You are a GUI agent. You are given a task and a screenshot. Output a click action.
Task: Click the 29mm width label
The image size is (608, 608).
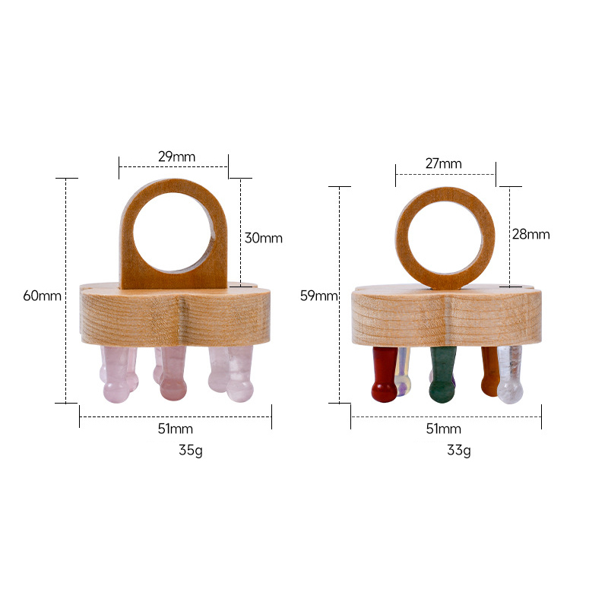(176, 157)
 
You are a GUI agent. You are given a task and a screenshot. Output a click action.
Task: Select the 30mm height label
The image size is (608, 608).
(263, 238)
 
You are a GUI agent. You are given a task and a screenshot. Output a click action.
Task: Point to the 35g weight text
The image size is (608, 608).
(190, 450)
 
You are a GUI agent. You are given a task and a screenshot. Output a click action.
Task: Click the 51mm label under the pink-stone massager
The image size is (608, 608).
(175, 429)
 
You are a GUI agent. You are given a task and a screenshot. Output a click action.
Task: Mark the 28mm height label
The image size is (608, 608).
(530, 234)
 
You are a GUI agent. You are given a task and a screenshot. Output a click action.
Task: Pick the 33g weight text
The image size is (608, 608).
(458, 450)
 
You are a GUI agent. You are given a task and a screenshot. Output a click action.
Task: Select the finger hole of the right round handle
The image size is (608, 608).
(445, 238)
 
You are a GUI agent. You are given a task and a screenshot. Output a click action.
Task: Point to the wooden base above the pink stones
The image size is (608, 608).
(175, 315)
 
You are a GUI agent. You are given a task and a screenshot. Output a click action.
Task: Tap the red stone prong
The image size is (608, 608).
(384, 376)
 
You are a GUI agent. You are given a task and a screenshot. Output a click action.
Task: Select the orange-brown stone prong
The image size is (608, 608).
(489, 372)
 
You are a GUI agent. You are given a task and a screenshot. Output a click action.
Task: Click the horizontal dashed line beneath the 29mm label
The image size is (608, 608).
(173, 166)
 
